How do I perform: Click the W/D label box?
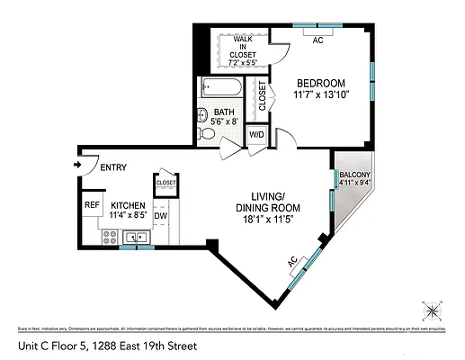pyautogui.click(x=256, y=135)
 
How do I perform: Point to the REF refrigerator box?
pyautogui.click(x=91, y=204)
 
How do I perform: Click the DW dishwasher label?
pyautogui.click(x=161, y=216)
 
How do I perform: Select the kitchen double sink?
pyautogui.click(x=137, y=238)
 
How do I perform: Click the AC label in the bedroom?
pyautogui.click(x=317, y=40)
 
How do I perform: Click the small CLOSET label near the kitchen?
pyautogui.click(x=165, y=182)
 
